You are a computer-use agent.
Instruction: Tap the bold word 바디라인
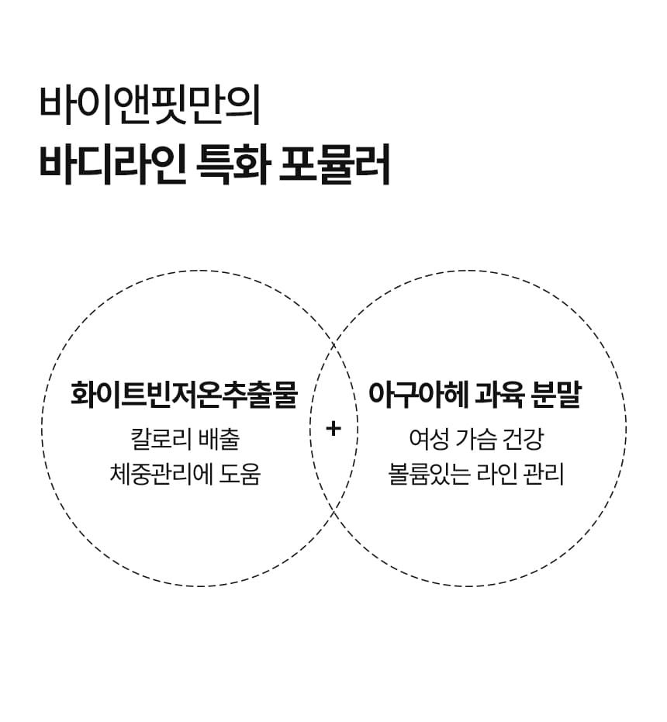112,164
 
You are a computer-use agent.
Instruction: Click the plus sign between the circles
333,428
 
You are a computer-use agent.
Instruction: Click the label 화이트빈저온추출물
184,395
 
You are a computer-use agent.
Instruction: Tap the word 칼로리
160,439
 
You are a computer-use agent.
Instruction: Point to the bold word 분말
559,395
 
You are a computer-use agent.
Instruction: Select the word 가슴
476,439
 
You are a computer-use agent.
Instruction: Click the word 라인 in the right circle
493,473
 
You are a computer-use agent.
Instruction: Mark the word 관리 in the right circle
544,473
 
